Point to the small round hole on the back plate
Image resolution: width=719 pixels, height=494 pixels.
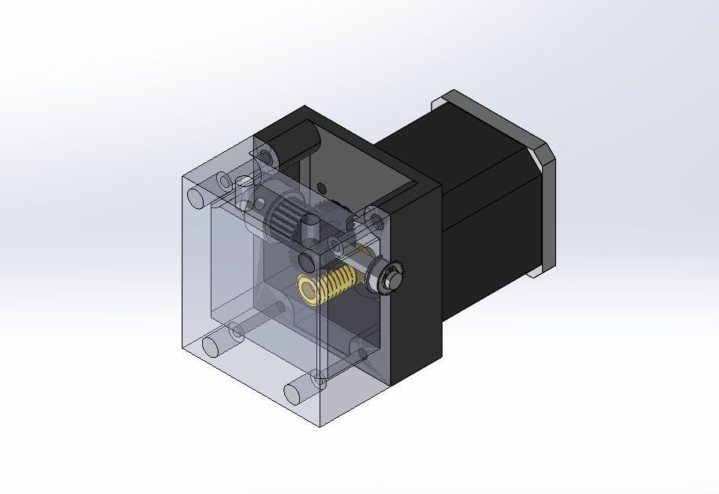(322, 186)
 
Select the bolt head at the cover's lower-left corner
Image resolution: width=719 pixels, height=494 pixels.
(212, 344)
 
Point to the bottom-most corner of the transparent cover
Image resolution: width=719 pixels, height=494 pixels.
(320, 426)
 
